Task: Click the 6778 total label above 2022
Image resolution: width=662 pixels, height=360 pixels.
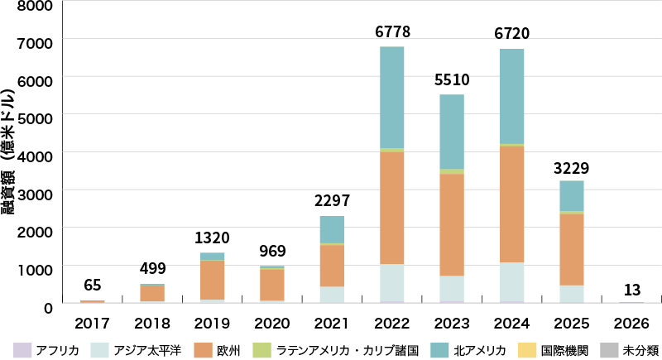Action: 392,33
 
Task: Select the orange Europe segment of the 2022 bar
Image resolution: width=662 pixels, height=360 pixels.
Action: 392,207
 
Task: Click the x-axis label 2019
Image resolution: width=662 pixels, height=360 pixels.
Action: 213,322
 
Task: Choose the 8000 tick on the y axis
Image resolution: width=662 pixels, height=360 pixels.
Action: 36,6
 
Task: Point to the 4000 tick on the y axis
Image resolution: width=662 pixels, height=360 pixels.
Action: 36,154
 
